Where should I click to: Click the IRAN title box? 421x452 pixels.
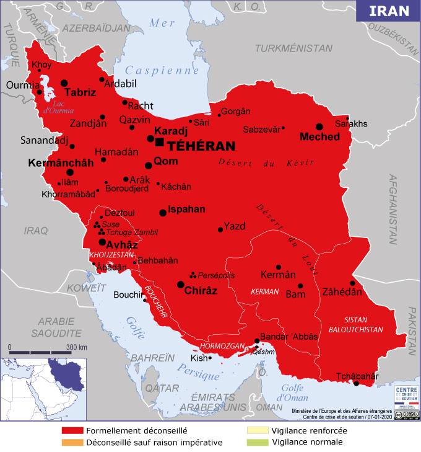pos(389,11)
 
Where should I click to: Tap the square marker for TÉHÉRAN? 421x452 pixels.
pos(160,143)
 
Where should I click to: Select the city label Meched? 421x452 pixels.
pos(319,136)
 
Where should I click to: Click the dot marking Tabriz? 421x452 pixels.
pos(64,82)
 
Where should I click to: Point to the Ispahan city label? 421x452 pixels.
pos(186,209)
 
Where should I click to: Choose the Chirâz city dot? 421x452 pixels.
pos(180,285)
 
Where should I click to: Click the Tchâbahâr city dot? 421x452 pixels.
pos(356,383)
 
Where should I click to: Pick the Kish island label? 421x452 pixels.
pos(199,358)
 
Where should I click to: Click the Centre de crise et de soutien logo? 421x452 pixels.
pos(402,396)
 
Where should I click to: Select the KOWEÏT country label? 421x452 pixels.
pos(87,288)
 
